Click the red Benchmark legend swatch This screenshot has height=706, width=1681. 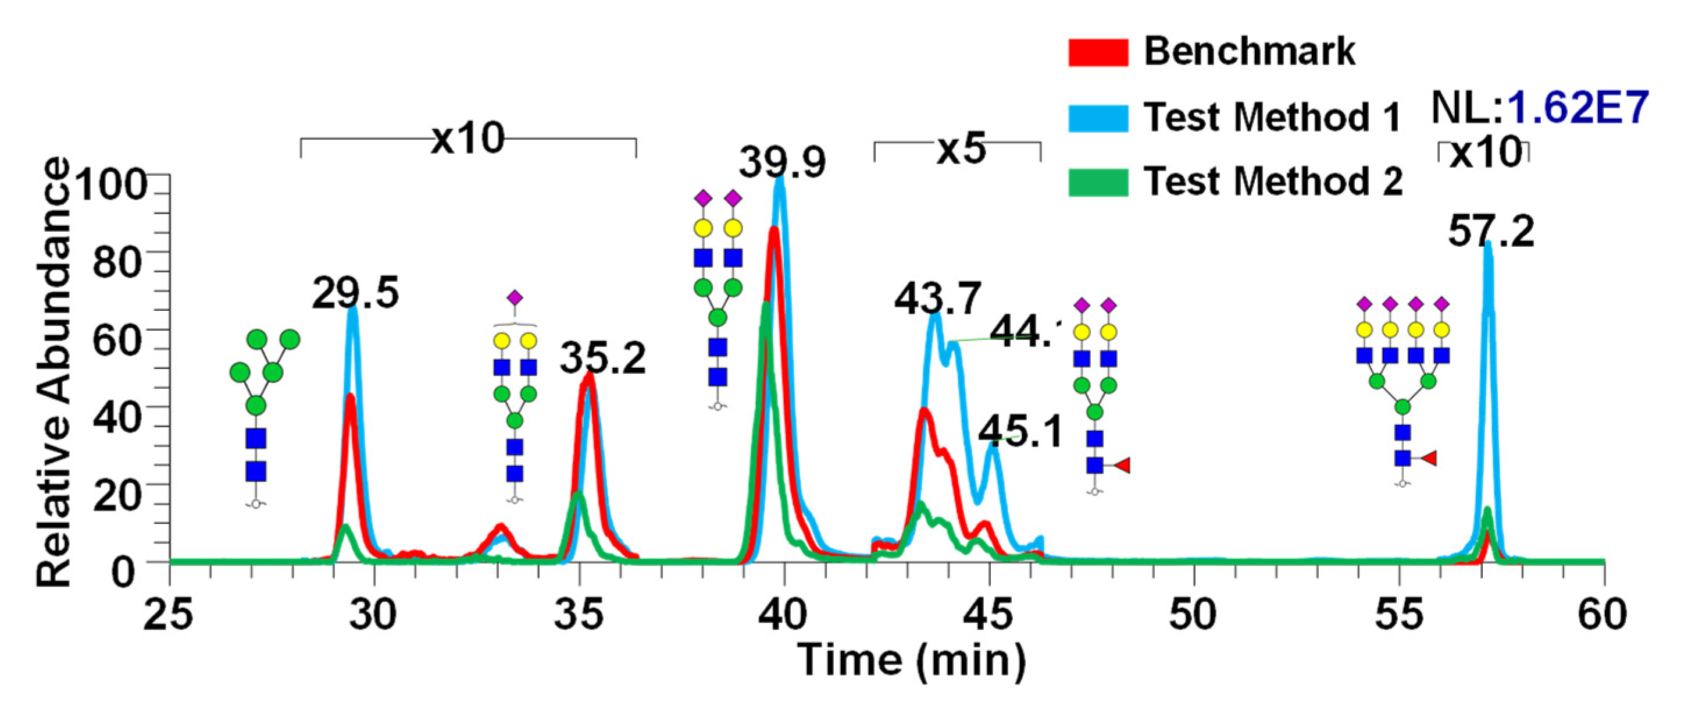click(x=1098, y=53)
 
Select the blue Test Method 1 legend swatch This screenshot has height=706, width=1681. click(x=1098, y=118)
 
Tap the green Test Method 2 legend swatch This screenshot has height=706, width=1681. click(x=1098, y=182)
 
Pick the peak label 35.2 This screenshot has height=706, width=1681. click(x=602, y=358)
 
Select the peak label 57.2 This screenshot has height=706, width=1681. click(x=1491, y=231)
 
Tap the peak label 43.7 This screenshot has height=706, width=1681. click(x=938, y=299)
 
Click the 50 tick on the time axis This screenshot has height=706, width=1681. click(x=1193, y=616)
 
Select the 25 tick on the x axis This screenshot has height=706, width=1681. click(x=169, y=616)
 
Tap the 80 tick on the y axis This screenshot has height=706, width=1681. click(x=117, y=261)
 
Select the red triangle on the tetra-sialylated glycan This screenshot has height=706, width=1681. click(x=1429, y=459)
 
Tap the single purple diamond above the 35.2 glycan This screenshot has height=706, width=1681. click(x=515, y=298)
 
